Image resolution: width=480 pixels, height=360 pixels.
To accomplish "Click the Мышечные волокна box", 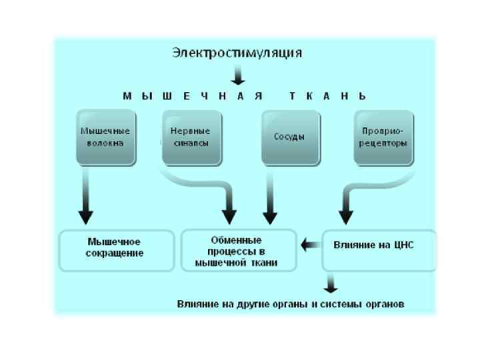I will point(105,136).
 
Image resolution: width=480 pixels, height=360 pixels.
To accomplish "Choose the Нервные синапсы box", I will point(190,136).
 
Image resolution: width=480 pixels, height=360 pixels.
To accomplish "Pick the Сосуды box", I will point(289,136).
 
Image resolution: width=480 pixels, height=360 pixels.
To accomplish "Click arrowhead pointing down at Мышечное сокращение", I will point(85,217).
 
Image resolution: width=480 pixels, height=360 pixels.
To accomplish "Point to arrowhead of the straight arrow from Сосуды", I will point(269,217).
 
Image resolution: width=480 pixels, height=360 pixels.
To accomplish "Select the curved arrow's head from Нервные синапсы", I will point(229,217).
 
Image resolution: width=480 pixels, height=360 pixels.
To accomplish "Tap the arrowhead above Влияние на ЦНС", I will point(345,217).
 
